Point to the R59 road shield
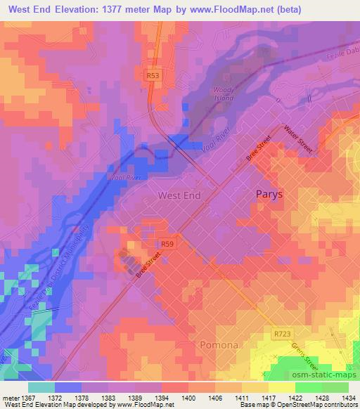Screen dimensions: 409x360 pyautogui.click(x=167, y=244)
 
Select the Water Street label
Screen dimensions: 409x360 pyautogui.click(x=297, y=139)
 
